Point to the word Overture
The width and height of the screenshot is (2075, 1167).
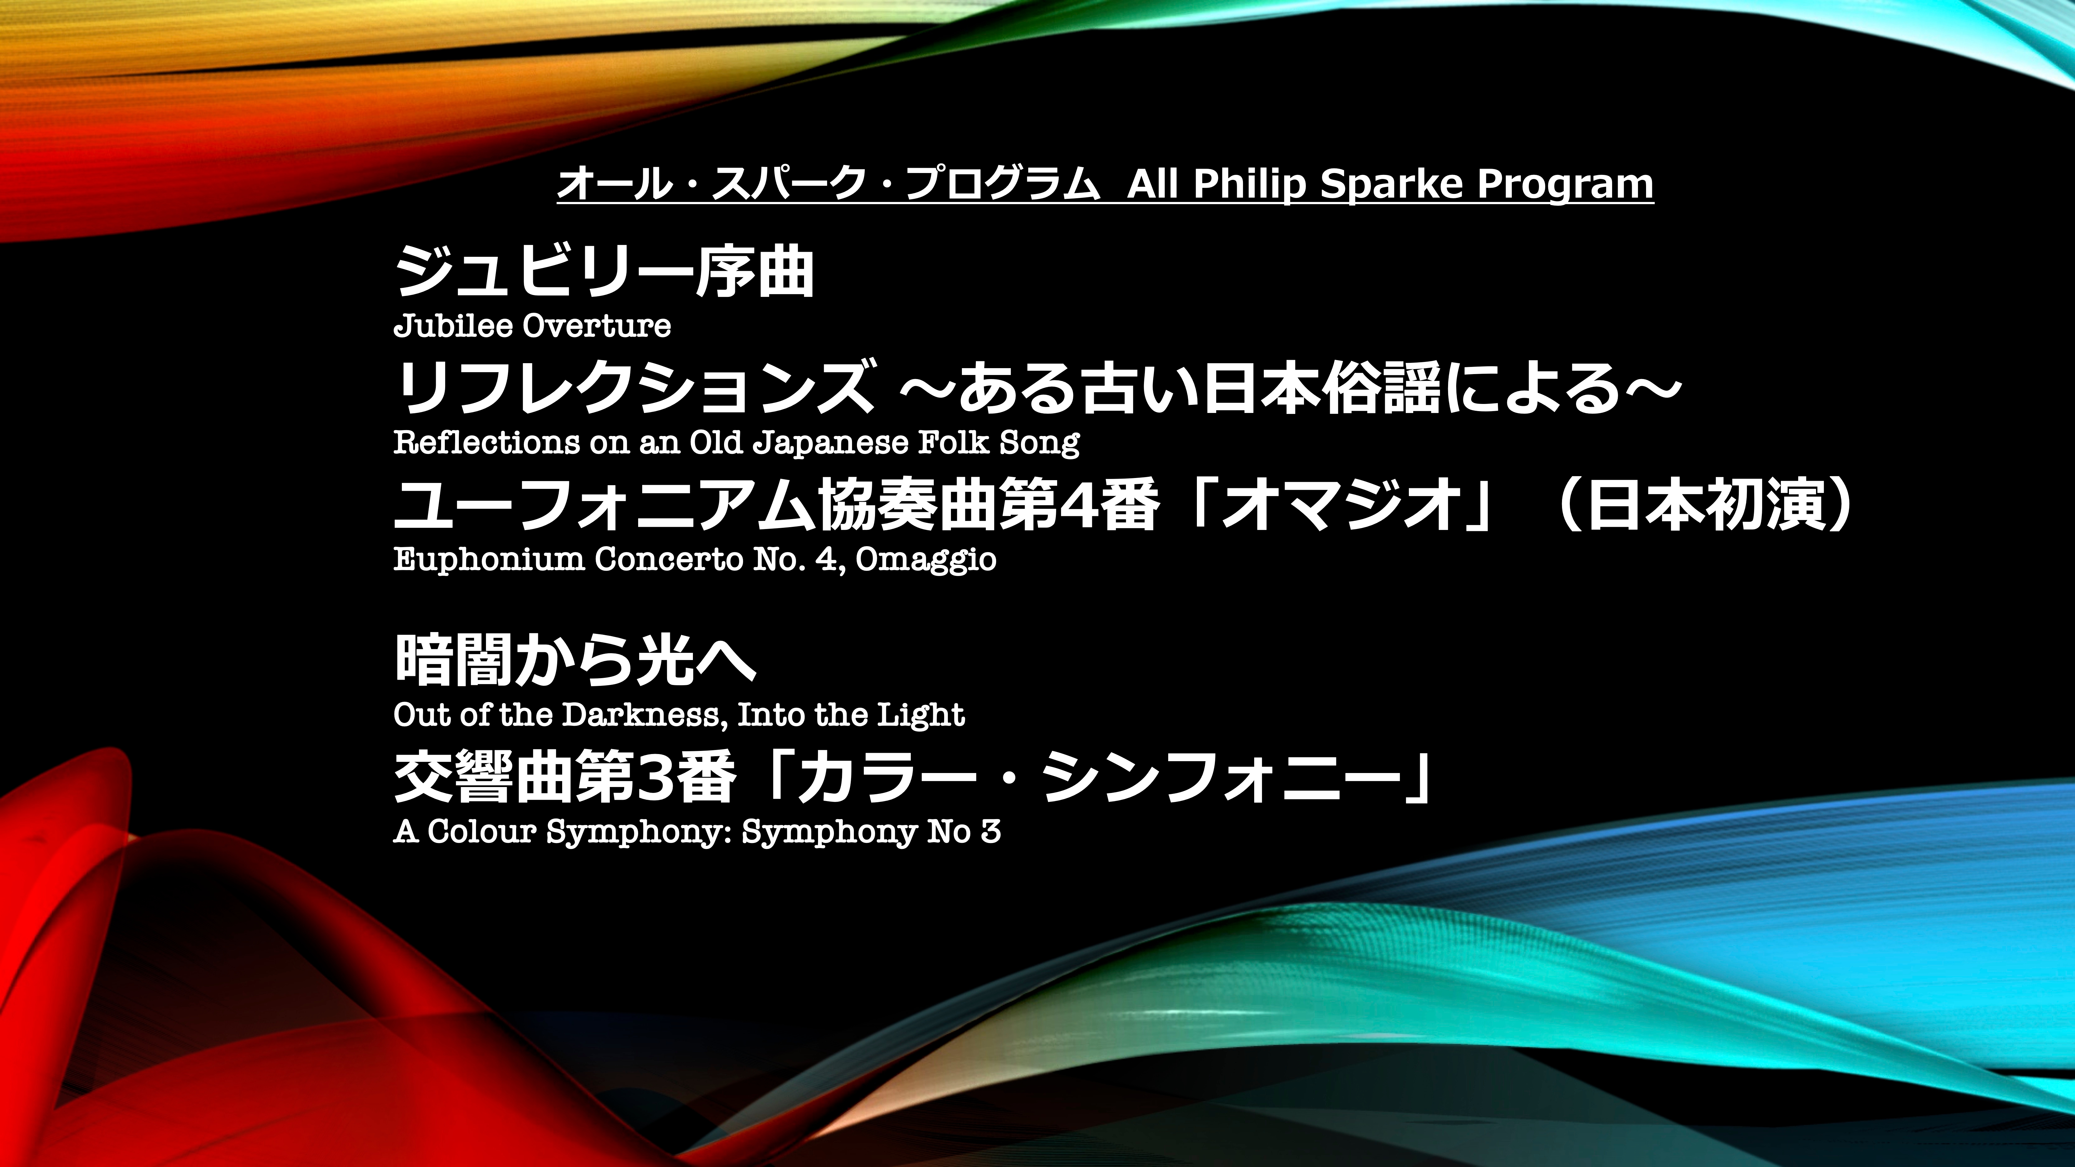pyautogui.click(x=596, y=326)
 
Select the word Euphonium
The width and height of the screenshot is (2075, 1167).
pyautogui.click(x=488, y=559)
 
